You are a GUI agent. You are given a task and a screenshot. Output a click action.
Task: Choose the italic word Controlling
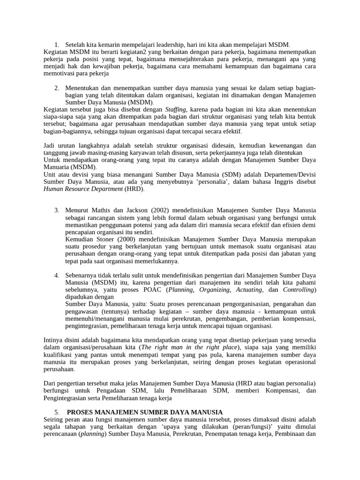pos(298,290)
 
